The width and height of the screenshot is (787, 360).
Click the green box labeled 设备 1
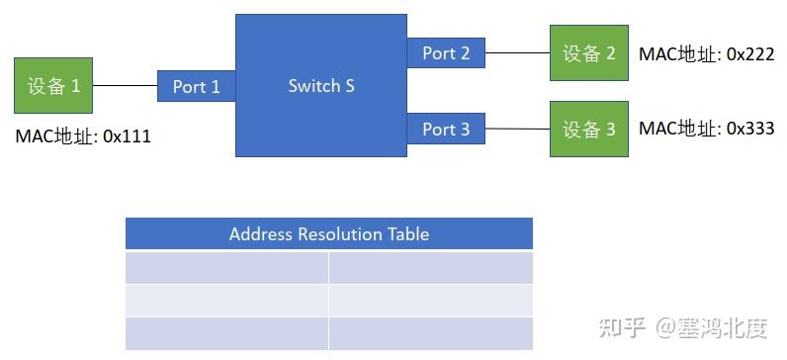(54, 86)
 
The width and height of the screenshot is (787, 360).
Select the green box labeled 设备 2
(589, 53)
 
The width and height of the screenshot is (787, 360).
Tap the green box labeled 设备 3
(589, 129)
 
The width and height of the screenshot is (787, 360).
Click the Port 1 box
(196, 87)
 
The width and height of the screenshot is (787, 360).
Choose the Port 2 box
(446, 53)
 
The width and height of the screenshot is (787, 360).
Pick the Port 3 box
(446, 130)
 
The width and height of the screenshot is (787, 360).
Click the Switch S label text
(321, 86)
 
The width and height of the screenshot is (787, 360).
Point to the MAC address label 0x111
(83, 136)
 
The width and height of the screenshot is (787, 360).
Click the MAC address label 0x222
(706, 53)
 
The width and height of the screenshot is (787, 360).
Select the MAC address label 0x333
(706, 129)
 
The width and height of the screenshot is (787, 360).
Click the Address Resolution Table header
(329, 234)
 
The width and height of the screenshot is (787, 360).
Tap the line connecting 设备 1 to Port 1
(126, 87)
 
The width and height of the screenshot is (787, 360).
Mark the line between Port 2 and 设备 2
(517, 53)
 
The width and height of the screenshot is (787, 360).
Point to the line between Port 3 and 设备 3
(517, 129)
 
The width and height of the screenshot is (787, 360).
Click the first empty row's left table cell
(226, 268)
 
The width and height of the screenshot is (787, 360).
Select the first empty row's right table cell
(431, 268)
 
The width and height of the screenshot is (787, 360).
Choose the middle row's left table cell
(226, 301)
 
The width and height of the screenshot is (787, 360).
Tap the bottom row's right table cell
(431, 333)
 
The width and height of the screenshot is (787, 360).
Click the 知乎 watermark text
(624, 325)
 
